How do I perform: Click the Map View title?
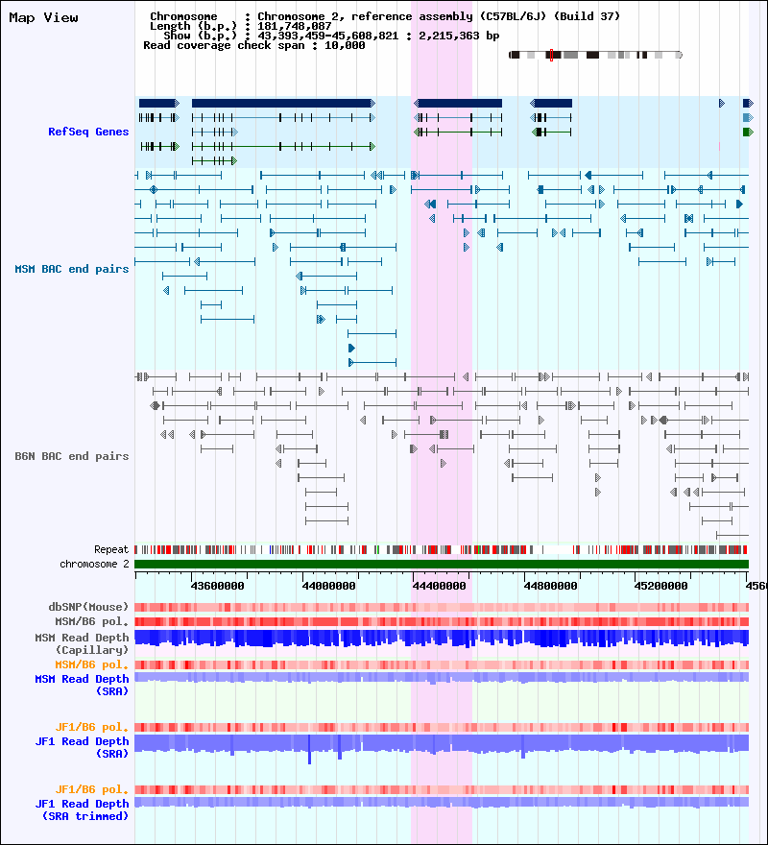pyautogui.click(x=43, y=17)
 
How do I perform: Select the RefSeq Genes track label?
pyautogui.click(x=88, y=132)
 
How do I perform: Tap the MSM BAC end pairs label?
pyautogui.click(x=72, y=269)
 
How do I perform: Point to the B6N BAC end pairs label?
pyautogui.click(x=72, y=456)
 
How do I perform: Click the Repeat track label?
pyautogui.click(x=111, y=549)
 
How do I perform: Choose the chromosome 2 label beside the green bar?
pyautogui.click(x=94, y=564)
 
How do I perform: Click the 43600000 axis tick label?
pyautogui.click(x=218, y=585)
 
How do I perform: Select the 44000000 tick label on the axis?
pyautogui.click(x=329, y=585)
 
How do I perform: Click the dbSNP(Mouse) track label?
pyautogui.click(x=88, y=607)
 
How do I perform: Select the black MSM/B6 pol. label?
pyautogui.click(x=92, y=621)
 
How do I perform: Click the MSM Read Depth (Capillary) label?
pyautogui.click(x=82, y=643)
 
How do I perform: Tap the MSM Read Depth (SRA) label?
pyautogui.click(x=82, y=685)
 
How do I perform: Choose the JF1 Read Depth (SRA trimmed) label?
pyautogui.click(x=82, y=809)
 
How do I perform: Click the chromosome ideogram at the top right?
pyautogui.click(x=595, y=56)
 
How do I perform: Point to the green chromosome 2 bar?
pyautogui.click(x=442, y=564)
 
